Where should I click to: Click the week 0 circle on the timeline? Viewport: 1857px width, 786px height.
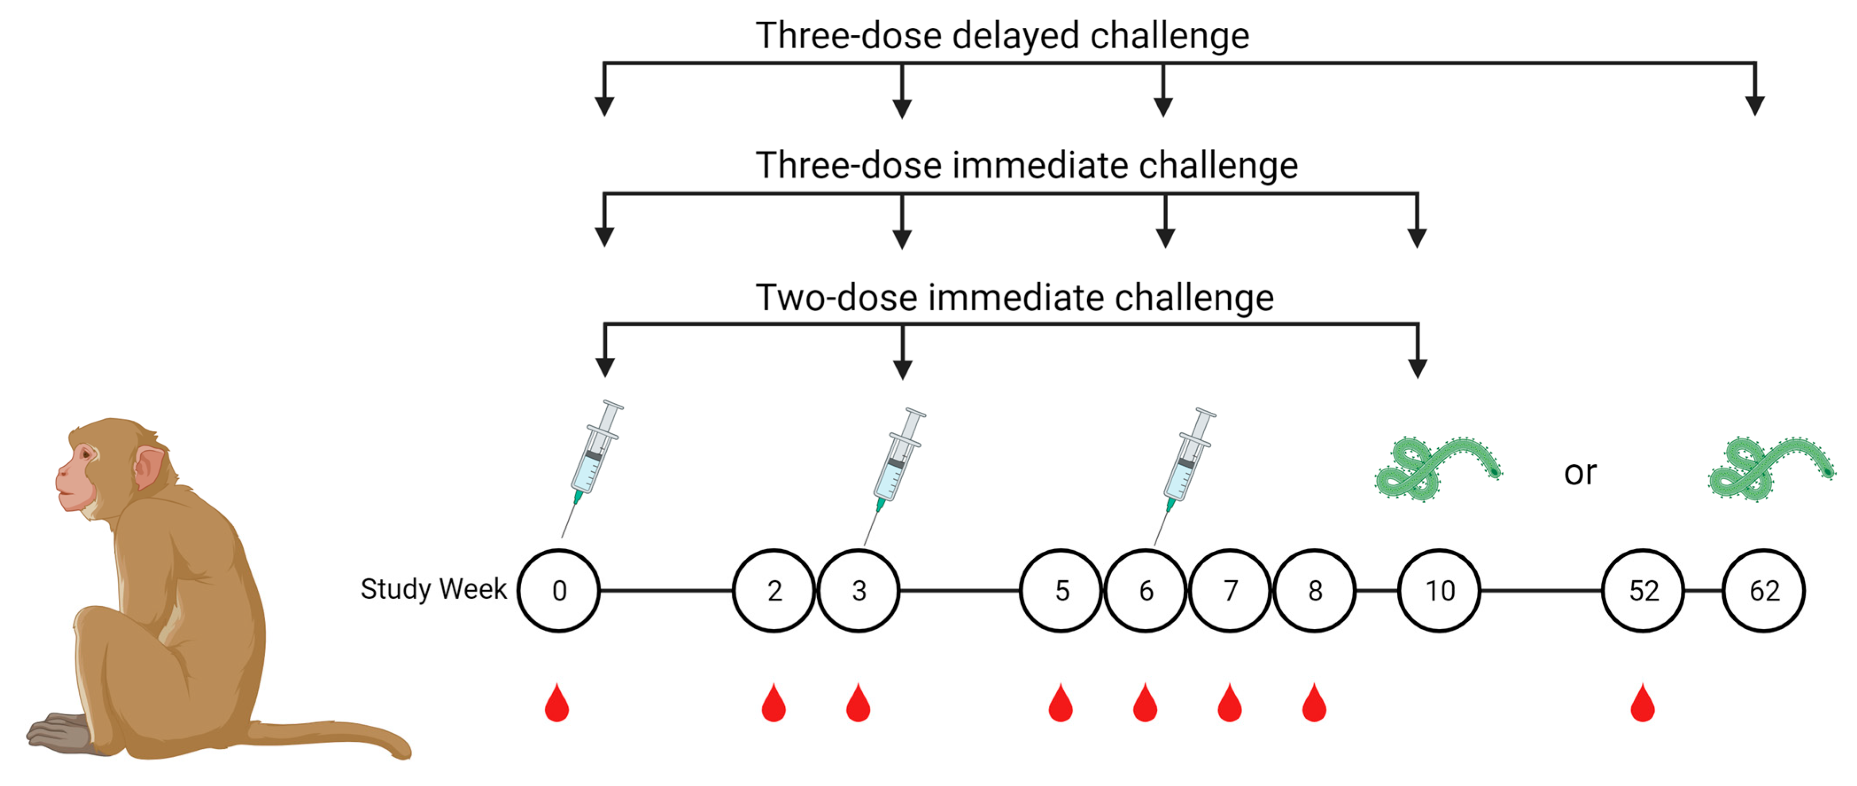pos(558,591)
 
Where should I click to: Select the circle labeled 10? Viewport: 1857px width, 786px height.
pos(1439,591)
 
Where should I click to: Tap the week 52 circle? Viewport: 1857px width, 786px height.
pos(1643,591)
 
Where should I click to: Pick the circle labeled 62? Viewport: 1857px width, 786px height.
pos(1763,591)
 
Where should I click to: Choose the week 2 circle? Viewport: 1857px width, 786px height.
pos(774,591)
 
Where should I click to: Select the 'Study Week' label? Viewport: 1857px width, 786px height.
pos(433,589)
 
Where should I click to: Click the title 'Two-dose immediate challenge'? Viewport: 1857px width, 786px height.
pos(1014,297)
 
